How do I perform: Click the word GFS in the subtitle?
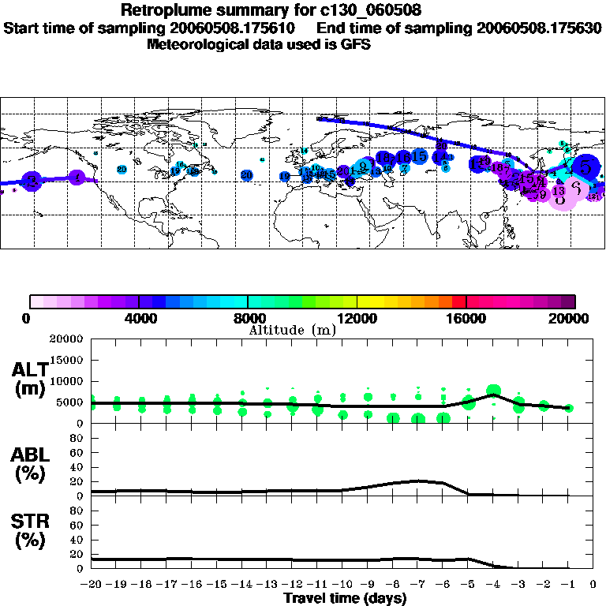tap(356, 44)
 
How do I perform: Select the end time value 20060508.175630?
tap(539, 28)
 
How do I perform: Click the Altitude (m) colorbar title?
tap(292, 330)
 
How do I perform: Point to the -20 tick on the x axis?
tap(92, 585)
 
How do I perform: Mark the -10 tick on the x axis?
tap(342, 585)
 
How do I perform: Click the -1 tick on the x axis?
tap(568, 585)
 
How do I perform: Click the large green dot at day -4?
tap(494, 391)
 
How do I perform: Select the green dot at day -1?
tap(569, 408)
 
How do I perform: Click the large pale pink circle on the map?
tap(576, 189)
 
